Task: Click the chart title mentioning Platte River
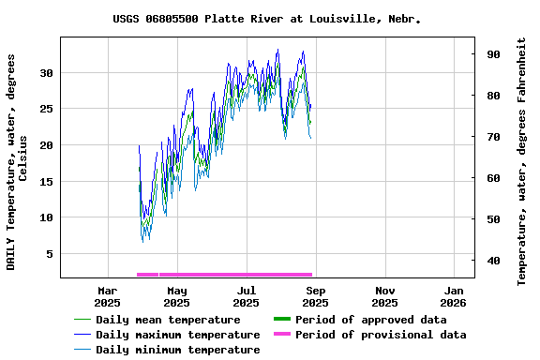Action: click(x=266, y=19)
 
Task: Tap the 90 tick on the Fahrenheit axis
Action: click(x=491, y=54)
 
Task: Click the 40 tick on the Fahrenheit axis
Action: click(x=491, y=261)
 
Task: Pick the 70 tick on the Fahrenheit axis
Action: click(x=491, y=137)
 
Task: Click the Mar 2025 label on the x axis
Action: click(x=108, y=296)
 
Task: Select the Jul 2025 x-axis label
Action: click(x=247, y=296)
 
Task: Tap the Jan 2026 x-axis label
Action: click(x=454, y=296)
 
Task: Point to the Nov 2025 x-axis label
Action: click(x=384, y=296)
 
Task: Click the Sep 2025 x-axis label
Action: click(x=315, y=296)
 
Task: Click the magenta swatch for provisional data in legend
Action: click(x=281, y=335)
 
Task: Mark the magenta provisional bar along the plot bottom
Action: click(x=225, y=275)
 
